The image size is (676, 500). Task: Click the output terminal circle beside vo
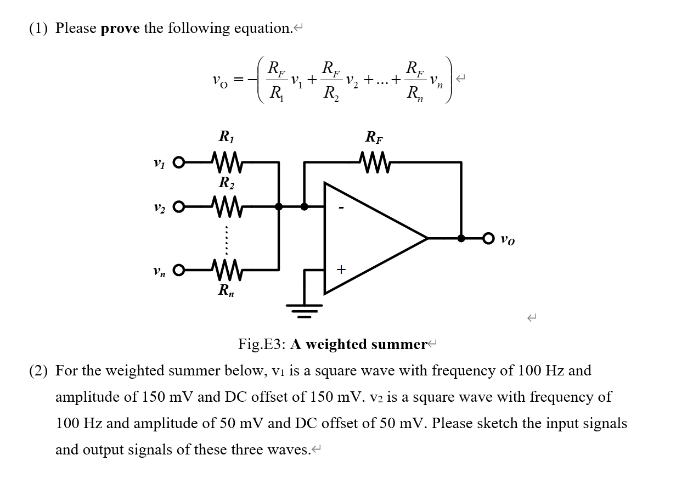click(x=489, y=238)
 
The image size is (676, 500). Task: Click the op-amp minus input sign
click(x=341, y=209)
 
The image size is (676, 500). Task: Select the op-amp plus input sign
click(x=341, y=269)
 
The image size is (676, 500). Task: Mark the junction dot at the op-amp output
click(x=461, y=238)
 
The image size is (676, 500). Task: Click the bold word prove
click(x=120, y=28)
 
